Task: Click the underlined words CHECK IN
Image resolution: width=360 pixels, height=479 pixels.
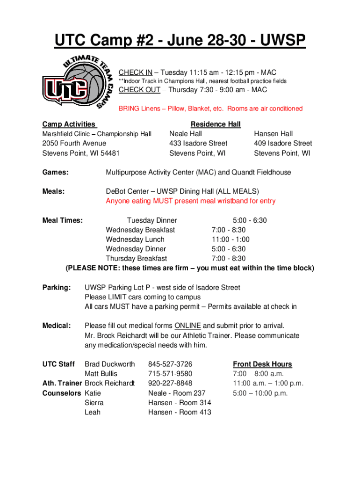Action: pos(135,72)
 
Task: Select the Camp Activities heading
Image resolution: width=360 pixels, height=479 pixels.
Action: pos(69,124)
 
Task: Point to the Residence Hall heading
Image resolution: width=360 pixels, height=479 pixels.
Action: pos(216,124)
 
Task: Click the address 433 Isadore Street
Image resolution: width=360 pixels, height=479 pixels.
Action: pos(198,143)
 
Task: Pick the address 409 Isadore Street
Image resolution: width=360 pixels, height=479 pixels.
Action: pos(283,143)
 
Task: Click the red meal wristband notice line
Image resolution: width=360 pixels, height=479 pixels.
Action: pos(191,201)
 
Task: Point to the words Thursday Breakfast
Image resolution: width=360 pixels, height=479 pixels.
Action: pos(136,259)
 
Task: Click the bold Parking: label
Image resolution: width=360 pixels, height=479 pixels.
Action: pos(57,288)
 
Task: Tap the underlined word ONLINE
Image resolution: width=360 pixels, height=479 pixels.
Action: pos(187,326)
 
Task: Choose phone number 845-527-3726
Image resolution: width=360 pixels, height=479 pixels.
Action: pos(170,364)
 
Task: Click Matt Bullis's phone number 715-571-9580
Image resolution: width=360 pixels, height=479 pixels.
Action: pos(170,374)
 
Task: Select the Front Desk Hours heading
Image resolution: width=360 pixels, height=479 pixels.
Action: pos(262,364)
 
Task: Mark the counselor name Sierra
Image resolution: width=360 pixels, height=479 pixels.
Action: pos(94,403)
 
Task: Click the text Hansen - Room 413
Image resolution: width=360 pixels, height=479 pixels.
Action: pos(180,412)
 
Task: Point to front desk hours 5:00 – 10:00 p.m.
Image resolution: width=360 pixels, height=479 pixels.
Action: pos(260,393)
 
